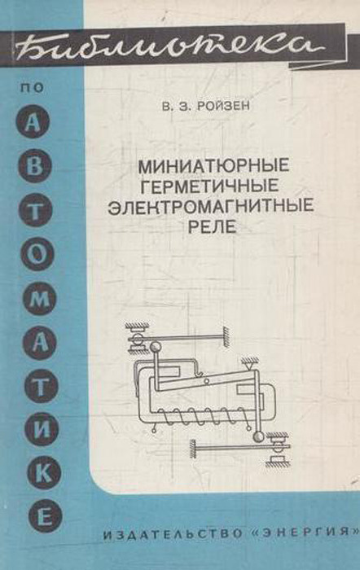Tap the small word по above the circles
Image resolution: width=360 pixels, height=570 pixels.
[x=33, y=88]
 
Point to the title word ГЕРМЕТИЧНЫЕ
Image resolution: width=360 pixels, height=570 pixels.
[x=210, y=186]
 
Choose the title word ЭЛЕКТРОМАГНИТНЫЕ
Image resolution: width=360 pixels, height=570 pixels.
[x=211, y=206]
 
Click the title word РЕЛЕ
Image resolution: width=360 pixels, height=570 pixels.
[x=212, y=226]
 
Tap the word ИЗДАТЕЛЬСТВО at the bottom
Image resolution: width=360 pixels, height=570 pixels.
[x=173, y=534]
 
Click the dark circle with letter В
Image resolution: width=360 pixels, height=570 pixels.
[x=35, y=166]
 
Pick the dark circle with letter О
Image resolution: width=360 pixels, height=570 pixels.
[x=37, y=253]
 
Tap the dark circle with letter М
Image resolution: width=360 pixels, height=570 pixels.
[x=39, y=298]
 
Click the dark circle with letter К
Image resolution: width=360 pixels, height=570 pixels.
[x=44, y=472]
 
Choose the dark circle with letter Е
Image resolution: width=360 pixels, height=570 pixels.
[x=45, y=515]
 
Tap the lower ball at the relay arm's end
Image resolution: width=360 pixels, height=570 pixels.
[x=258, y=436]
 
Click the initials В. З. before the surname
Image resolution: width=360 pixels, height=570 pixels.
[x=173, y=106]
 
